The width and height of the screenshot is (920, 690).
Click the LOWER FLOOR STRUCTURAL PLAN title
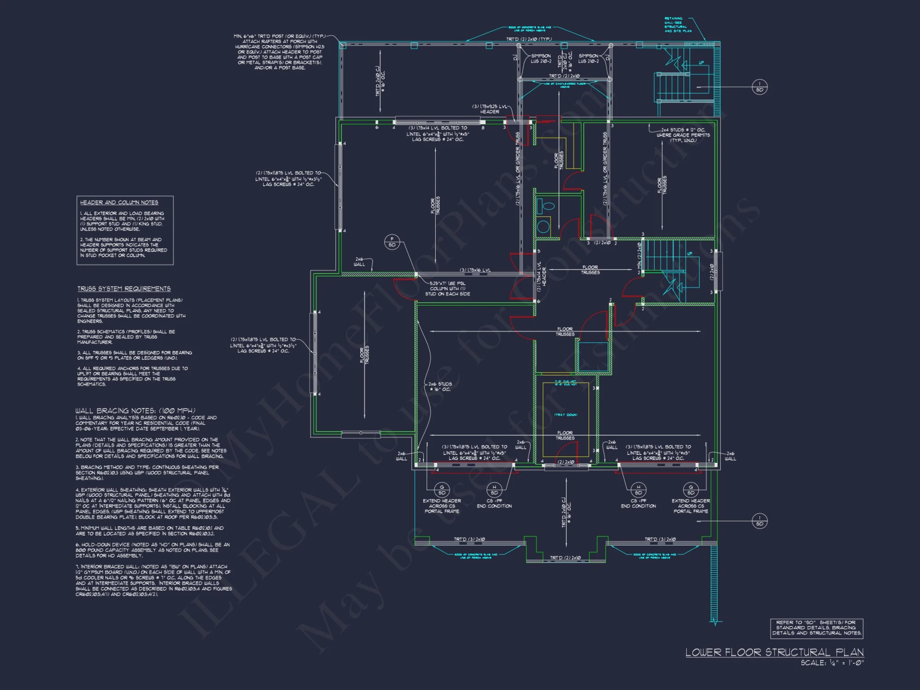[x=774, y=652]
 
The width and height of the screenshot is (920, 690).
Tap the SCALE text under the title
[x=832, y=663]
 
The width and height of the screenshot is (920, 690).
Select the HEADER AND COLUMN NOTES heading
[x=119, y=202]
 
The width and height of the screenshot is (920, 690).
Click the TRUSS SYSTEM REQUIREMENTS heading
[x=124, y=289]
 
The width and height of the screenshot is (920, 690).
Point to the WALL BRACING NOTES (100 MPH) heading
[x=135, y=410]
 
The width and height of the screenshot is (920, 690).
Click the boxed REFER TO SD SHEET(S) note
[x=816, y=628]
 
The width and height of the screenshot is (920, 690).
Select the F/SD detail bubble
[x=392, y=242]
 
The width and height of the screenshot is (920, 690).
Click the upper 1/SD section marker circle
[x=759, y=87]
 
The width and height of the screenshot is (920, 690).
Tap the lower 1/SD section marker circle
[x=759, y=521]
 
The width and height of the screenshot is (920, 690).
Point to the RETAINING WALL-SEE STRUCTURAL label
[x=677, y=25]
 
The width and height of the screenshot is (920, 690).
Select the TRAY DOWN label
[x=565, y=415]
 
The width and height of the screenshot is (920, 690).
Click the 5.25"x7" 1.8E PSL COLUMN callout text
[x=447, y=289]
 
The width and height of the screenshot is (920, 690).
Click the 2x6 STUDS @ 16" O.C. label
[x=440, y=386]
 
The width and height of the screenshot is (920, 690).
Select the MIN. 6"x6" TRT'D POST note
[x=279, y=52]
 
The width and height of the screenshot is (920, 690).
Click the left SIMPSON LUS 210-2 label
[x=540, y=58]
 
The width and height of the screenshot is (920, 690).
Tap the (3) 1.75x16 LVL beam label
[x=475, y=270]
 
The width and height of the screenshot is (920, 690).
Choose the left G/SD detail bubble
[x=442, y=490]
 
